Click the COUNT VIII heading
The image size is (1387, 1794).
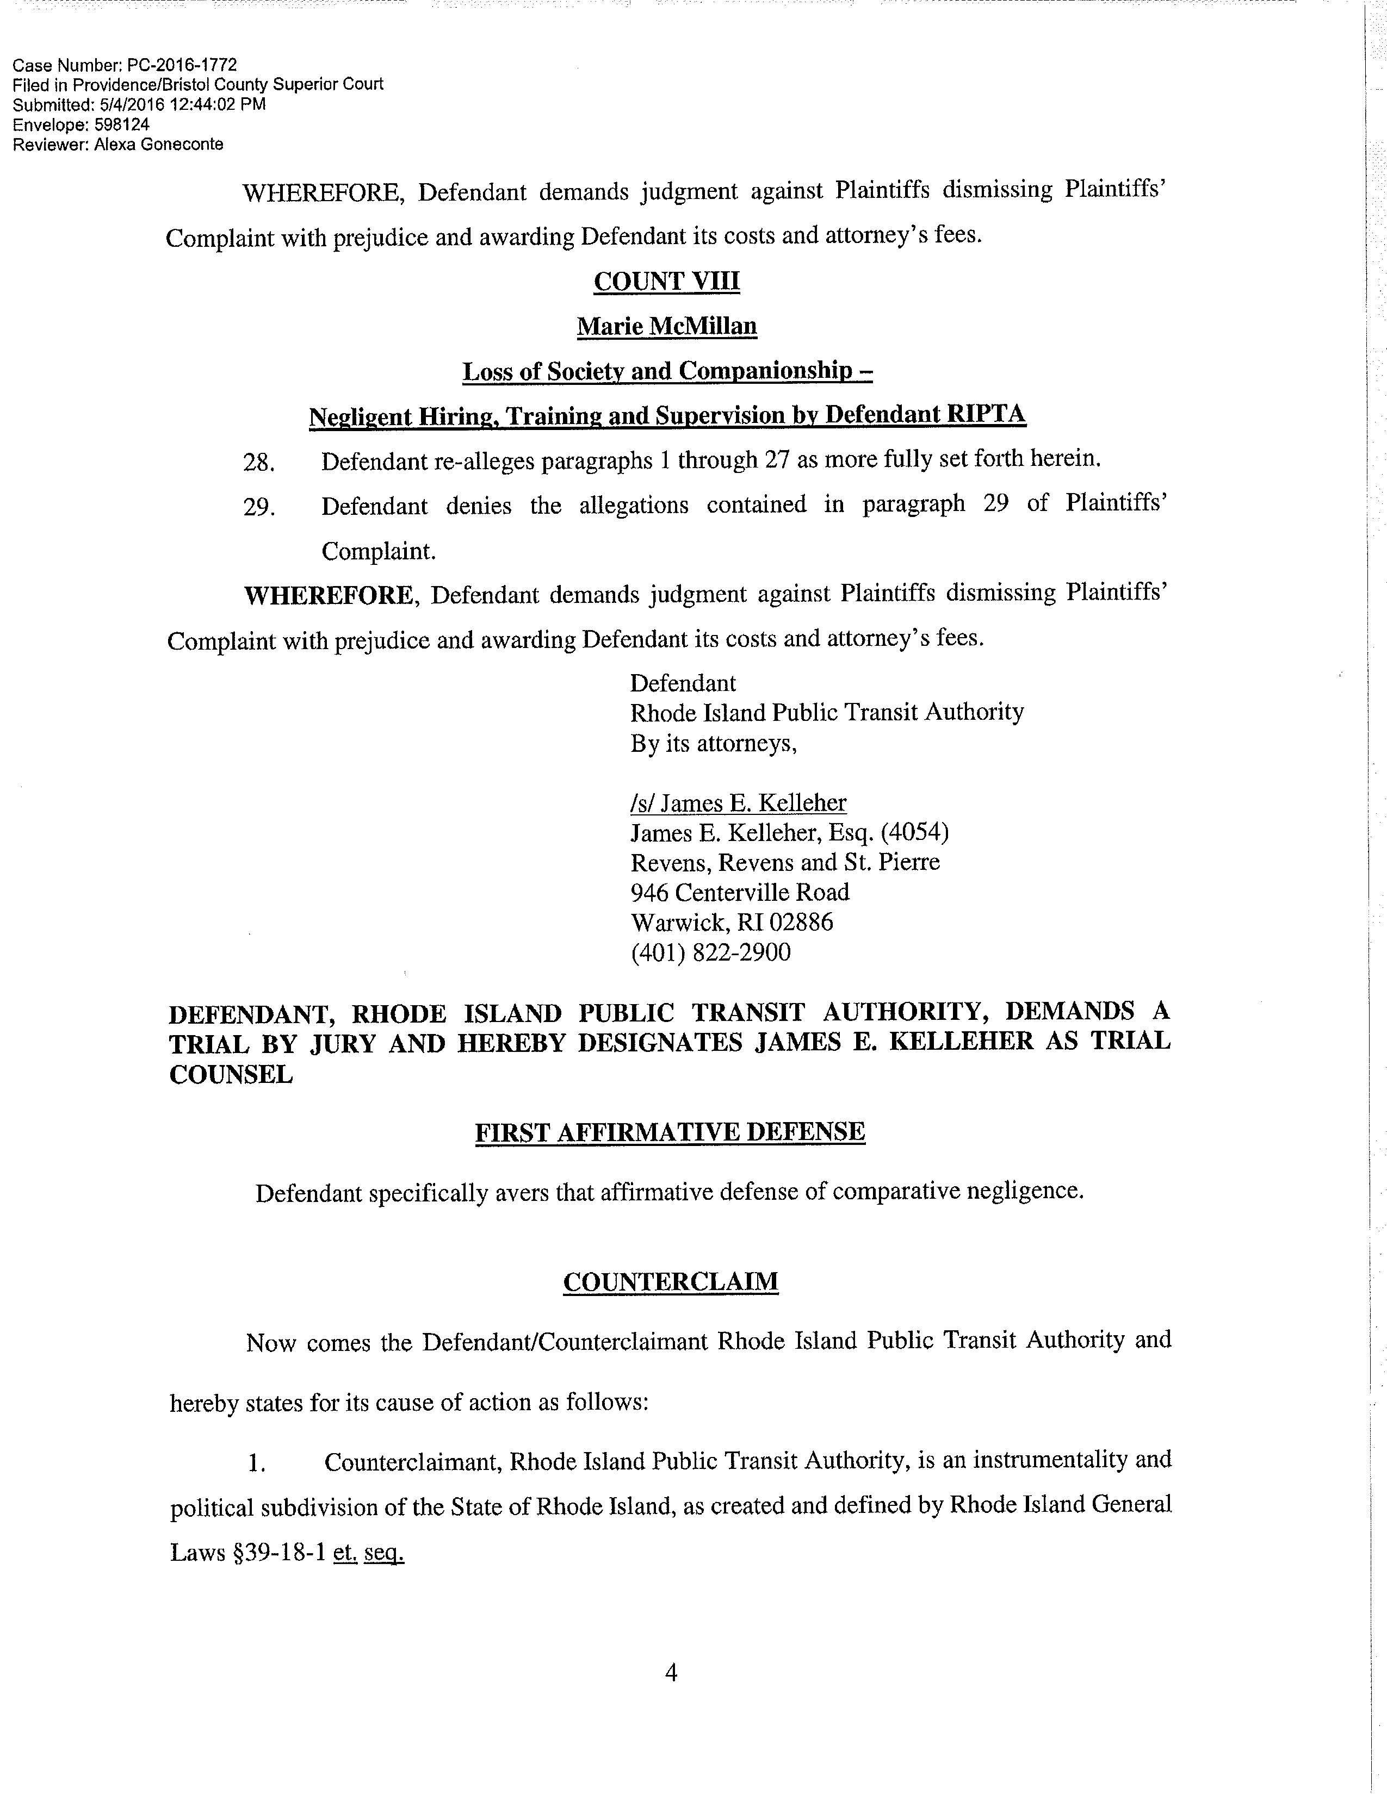[x=666, y=282]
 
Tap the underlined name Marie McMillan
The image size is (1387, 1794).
[x=666, y=327]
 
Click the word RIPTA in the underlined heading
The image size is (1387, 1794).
[x=986, y=414]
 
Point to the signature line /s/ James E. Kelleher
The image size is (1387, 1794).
[x=738, y=802]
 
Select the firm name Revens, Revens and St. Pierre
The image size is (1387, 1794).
[x=785, y=863]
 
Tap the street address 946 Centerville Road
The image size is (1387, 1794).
[x=740, y=892]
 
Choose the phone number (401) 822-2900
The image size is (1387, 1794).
[x=711, y=953]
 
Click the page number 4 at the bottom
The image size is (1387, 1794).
[x=671, y=1672]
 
